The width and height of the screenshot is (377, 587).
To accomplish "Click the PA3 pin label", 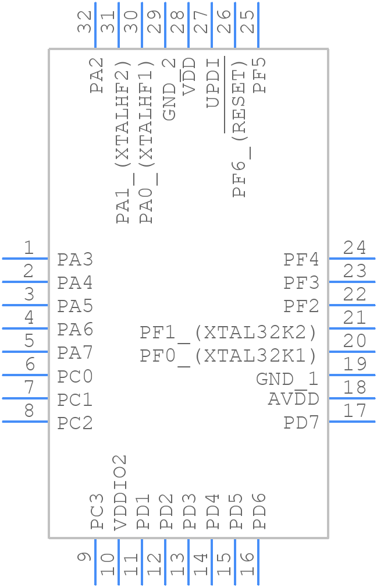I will [x=75, y=259].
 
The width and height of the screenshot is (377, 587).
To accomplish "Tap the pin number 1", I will [x=29, y=249].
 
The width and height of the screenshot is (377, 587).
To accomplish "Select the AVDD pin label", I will [x=293, y=399].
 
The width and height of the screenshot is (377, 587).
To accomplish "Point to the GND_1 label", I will [x=287, y=379].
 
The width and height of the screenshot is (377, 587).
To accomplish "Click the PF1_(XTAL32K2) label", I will [x=229, y=333].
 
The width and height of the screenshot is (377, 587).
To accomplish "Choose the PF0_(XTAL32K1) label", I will [x=229, y=355].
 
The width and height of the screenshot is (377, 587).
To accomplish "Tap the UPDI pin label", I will [x=213, y=83].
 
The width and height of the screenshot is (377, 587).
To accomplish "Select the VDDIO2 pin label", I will [x=120, y=493].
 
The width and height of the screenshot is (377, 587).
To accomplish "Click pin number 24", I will [x=354, y=249].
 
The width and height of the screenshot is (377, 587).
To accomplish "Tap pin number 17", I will [x=354, y=411].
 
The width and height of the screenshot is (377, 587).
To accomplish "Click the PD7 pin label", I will [x=301, y=423].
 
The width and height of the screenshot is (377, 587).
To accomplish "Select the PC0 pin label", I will [x=75, y=377].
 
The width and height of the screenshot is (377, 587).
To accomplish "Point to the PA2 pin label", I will [x=97, y=75].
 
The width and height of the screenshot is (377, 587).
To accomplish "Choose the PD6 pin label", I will [x=259, y=511].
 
